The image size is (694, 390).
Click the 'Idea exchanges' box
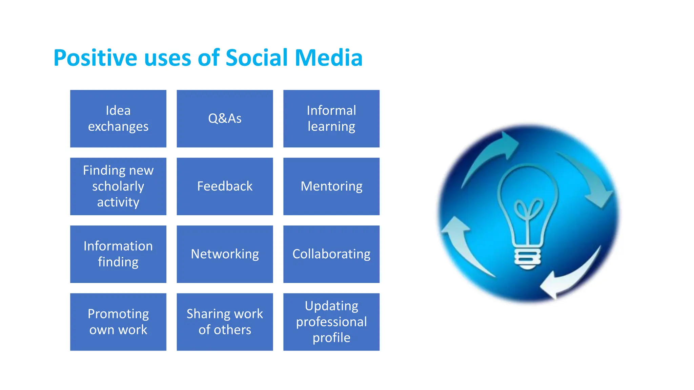pos(118,118)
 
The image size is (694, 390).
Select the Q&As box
pos(225,118)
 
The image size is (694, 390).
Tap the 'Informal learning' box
pos(331,118)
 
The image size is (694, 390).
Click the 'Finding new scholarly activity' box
pos(118,186)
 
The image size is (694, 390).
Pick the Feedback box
pos(225,186)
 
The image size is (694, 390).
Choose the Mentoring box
pos(331,186)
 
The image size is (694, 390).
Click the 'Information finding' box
pos(118,254)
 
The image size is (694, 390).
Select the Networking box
pos(225,254)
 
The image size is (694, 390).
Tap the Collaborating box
pos(331,254)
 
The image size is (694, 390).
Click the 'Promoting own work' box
pos(118,322)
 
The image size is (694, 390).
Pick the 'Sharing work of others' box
pos(225,322)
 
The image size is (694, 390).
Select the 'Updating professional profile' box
pos(331,322)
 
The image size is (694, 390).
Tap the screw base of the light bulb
pos(528,259)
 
